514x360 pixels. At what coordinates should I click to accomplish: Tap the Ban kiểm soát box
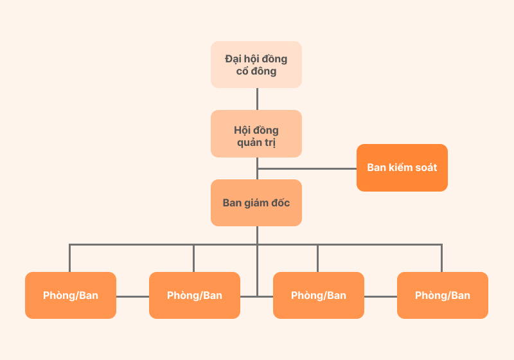(402, 168)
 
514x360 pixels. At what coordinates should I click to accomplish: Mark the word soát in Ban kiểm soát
(424, 168)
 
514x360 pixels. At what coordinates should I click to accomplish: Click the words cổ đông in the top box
(256, 71)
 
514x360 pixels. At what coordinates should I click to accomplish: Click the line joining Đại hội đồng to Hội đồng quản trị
(257, 99)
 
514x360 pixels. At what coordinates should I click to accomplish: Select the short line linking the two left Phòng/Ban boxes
(132, 296)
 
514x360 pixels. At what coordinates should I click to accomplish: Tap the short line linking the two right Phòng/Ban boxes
(380, 296)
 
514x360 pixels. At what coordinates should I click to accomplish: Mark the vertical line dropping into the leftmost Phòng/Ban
(70, 258)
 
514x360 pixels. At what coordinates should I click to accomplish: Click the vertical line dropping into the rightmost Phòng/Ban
(441, 258)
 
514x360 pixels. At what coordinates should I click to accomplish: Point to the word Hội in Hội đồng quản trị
(242, 130)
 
